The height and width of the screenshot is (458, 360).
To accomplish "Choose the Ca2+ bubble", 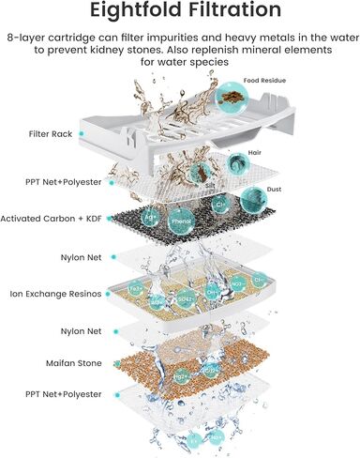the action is (211, 371).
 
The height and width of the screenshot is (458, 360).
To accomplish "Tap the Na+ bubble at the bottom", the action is (217, 435).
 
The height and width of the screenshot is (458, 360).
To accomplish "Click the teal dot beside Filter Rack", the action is (82, 134).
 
